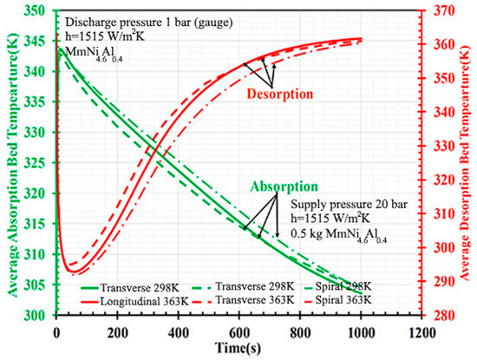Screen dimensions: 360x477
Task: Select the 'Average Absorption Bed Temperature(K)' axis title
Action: [x=10, y=165]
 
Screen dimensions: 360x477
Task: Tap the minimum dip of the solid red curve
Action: [x=72, y=274]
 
